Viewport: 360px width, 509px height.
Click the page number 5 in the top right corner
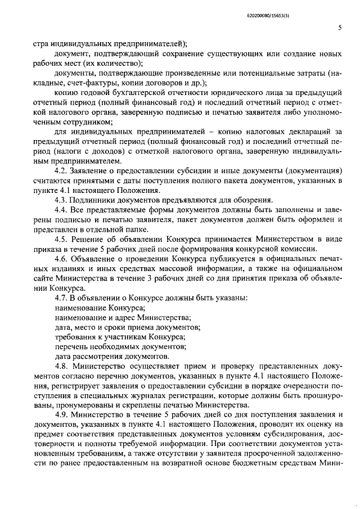pos(339,28)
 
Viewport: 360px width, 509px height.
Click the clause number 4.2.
pos(61,170)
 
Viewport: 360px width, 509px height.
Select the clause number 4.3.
pos(61,200)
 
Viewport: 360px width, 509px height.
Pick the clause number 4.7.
pos(61,298)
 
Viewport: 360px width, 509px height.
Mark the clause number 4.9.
pos(61,414)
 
